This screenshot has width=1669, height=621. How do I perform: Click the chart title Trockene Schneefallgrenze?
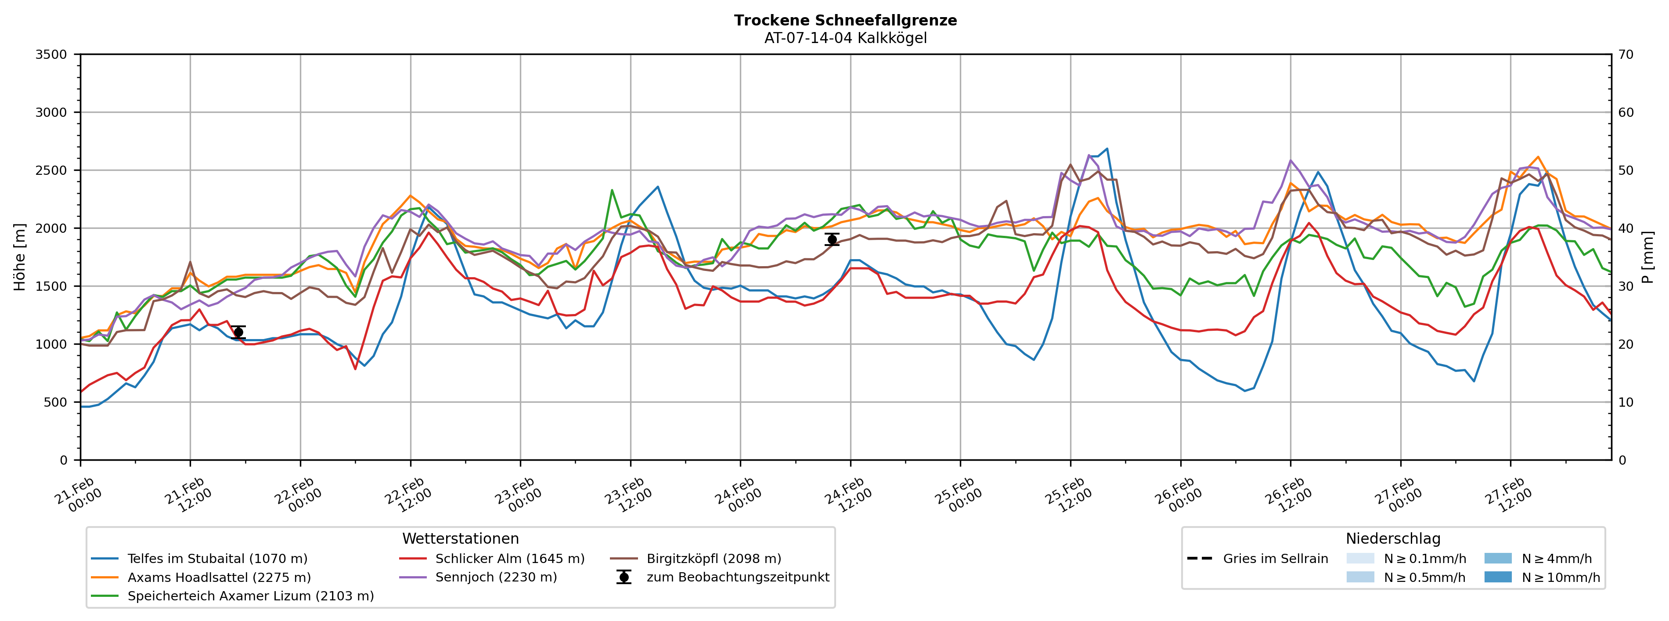click(x=845, y=20)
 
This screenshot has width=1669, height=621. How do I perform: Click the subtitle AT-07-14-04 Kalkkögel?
click(x=845, y=38)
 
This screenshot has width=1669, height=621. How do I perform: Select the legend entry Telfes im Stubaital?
click(x=217, y=559)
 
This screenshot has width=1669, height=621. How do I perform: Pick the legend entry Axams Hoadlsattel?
click(x=219, y=578)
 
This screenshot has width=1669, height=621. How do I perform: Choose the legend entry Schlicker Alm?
click(x=509, y=559)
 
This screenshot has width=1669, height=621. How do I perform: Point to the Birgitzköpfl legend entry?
click(x=714, y=559)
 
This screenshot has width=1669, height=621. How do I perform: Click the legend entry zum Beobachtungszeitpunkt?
click(x=737, y=578)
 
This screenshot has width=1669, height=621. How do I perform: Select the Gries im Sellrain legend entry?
click(x=1275, y=559)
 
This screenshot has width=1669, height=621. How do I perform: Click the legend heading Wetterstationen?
click(x=460, y=539)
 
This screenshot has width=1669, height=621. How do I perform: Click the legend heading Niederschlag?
click(x=1393, y=539)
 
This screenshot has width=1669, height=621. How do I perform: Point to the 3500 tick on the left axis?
click(x=51, y=54)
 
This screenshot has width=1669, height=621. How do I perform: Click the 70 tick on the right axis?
click(x=1626, y=54)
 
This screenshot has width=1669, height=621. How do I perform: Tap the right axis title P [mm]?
click(x=1647, y=256)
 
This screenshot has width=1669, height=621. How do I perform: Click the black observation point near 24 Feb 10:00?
click(x=832, y=239)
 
